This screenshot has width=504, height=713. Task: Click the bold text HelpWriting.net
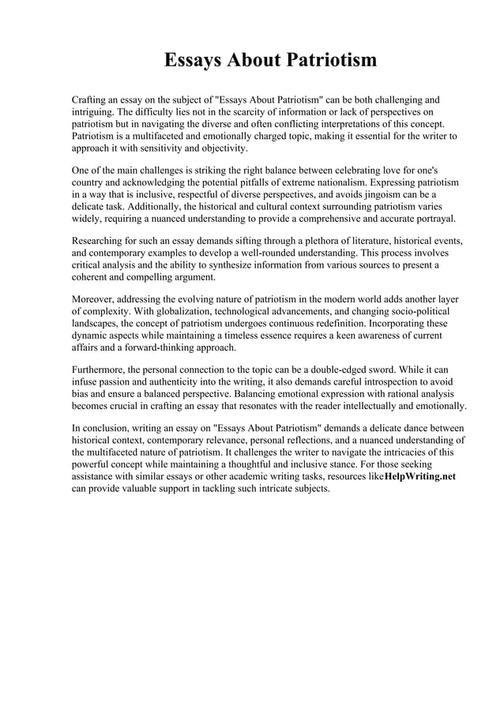point(419,477)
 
